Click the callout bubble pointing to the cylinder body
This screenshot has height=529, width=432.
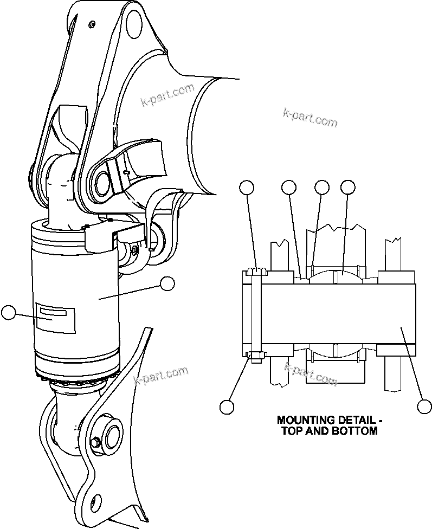pos(167,283)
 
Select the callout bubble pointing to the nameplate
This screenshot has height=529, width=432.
pos(9,312)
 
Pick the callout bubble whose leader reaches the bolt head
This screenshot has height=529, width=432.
pos(247,188)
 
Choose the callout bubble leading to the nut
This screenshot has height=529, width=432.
pos(227,406)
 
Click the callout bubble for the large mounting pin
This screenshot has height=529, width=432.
pos(424,406)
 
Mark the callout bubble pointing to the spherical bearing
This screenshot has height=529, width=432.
pos(348,188)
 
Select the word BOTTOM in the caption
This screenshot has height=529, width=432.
pos(354,431)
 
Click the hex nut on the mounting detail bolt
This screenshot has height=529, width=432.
pos(255,356)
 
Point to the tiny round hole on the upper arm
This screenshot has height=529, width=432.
pos(93,24)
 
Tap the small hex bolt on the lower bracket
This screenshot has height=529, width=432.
pos(96,443)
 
